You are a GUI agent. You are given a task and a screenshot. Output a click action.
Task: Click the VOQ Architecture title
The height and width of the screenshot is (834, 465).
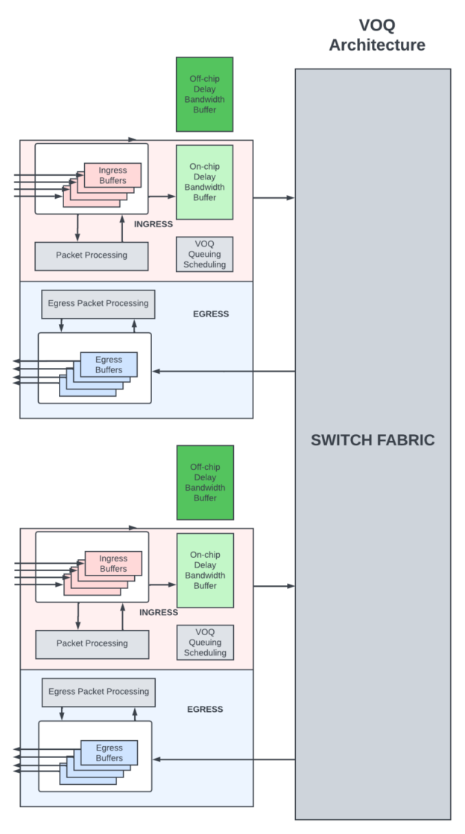[x=377, y=36]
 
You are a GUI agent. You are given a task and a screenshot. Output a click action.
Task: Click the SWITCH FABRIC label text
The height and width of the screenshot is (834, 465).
[x=373, y=440]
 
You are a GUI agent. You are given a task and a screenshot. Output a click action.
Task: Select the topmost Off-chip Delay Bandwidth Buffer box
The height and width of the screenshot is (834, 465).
[x=204, y=95]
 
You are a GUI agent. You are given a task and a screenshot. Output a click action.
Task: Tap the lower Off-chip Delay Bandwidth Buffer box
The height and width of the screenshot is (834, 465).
[x=205, y=483]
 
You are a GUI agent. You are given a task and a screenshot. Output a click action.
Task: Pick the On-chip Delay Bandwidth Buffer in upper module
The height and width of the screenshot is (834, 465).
[x=204, y=182]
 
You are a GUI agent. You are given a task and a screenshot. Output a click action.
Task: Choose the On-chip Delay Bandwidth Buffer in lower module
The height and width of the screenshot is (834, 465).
[x=205, y=570]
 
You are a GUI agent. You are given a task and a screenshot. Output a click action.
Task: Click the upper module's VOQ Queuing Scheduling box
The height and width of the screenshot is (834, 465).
[x=204, y=255]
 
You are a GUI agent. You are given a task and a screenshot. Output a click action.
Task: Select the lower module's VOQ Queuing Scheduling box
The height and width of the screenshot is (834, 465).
[x=205, y=643]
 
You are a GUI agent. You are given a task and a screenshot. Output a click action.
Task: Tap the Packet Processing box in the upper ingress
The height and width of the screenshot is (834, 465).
[x=92, y=255]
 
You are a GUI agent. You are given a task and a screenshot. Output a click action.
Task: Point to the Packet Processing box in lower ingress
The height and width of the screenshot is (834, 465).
[x=92, y=643]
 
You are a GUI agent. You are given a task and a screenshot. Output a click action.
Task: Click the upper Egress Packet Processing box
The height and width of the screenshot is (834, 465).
[x=98, y=304]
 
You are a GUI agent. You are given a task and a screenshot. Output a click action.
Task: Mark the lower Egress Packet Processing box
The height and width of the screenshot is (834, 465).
[x=98, y=692]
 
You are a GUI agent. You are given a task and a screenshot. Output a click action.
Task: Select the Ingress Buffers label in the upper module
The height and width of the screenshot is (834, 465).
[x=113, y=176]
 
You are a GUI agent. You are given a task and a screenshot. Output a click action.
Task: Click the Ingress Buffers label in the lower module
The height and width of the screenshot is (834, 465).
[x=113, y=564]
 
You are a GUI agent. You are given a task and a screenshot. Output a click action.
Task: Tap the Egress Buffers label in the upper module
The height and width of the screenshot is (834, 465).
[x=109, y=365]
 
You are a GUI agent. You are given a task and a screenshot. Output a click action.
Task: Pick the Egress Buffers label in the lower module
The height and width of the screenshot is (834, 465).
[x=110, y=753]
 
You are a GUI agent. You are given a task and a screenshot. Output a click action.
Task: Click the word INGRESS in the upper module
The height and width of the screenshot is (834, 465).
[x=154, y=224]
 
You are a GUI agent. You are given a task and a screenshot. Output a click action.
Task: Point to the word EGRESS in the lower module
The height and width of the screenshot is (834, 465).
[x=205, y=710]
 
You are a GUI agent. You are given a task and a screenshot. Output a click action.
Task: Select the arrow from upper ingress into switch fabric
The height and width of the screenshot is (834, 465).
[x=273, y=198]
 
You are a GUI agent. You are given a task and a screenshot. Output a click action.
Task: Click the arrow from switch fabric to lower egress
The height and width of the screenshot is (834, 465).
[x=224, y=760]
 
